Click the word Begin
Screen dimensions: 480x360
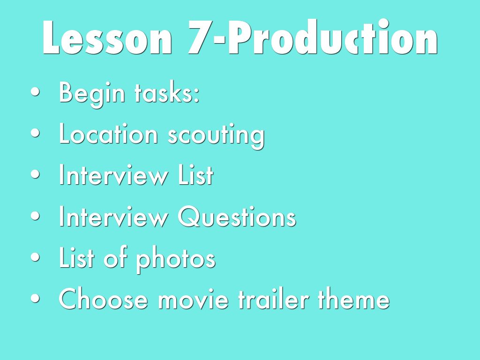(x=92, y=93)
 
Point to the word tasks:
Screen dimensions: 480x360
(x=167, y=93)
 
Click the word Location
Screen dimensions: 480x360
(x=108, y=134)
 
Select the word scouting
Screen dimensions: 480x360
(x=216, y=136)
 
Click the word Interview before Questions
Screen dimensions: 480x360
(x=113, y=216)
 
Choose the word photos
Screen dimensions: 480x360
(x=176, y=260)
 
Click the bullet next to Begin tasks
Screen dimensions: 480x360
(x=35, y=92)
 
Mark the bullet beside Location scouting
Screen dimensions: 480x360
(x=35, y=134)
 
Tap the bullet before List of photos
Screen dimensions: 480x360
(x=35, y=257)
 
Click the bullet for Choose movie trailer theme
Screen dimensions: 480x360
(x=35, y=299)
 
